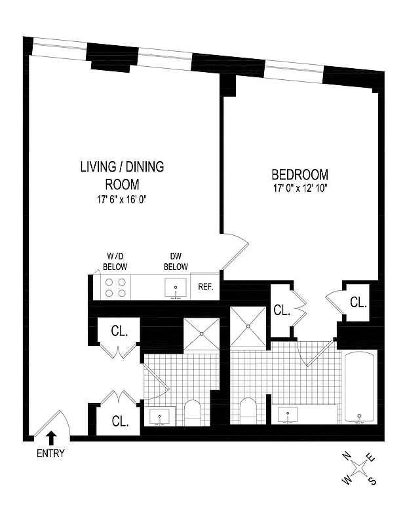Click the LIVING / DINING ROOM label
point(121,176)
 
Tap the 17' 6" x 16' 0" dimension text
point(121,200)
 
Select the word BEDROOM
point(299,175)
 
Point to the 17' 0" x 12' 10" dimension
point(299,189)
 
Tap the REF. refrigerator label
point(206,288)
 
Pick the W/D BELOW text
point(114,261)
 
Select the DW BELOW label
point(176,261)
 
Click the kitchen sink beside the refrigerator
point(176,288)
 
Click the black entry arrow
point(52,438)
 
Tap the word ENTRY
point(51,454)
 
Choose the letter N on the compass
point(347,455)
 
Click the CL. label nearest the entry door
point(119,421)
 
